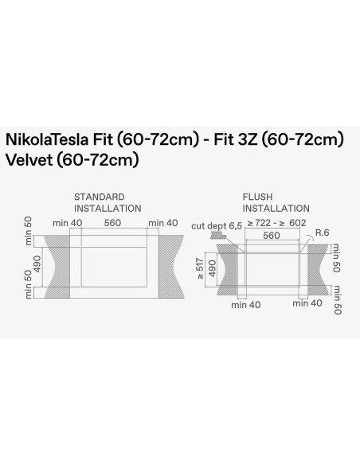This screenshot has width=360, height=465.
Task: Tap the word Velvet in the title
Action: (31, 159)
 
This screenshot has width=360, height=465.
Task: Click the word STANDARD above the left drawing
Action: (100, 196)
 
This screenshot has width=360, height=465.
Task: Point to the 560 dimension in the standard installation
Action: (112, 223)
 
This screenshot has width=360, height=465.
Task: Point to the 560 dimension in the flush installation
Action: (271, 236)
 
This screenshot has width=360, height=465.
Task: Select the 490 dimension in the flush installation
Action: (213, 269)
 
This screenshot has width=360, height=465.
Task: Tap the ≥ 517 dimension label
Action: (201, 269)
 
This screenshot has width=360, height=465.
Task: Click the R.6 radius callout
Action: (323, 232)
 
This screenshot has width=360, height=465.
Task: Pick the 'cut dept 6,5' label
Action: (216, 225)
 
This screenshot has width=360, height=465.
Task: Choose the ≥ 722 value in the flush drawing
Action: (261, 224)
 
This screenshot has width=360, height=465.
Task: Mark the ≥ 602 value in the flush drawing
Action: (295, 224)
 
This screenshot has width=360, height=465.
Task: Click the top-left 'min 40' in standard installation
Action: (68, 223)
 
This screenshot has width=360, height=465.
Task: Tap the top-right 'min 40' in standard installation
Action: (162, 223)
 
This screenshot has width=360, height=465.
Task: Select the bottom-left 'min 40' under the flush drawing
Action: (245, 303)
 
